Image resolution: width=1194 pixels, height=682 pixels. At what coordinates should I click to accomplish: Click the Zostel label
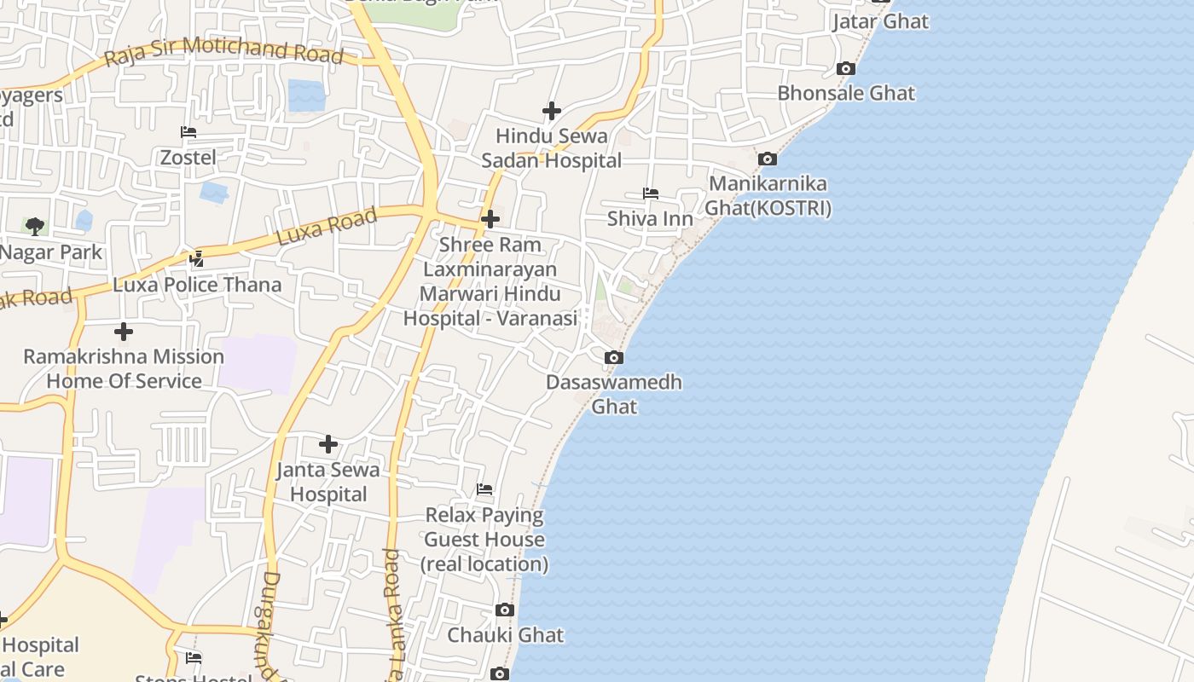[188, 158]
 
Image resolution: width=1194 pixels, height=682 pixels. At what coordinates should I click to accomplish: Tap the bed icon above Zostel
[188, 132]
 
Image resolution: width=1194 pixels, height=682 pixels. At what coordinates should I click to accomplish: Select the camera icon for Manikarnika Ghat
[768, 159]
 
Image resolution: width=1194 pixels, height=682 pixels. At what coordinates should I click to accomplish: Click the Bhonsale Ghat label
[846, 93]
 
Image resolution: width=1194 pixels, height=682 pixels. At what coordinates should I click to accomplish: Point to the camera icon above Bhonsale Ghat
[846, 68]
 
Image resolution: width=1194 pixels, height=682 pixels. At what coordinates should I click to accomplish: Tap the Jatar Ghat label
[880, 21]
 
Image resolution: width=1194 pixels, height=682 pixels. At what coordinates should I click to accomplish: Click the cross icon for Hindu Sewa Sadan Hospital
[552, 111]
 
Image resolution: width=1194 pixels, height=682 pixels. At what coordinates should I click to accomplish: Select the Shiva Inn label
[650, 218]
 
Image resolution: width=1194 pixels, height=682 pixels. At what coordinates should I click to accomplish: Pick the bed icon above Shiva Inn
[651, 194]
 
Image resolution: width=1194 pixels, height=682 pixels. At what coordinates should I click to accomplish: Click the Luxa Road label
[327, 228]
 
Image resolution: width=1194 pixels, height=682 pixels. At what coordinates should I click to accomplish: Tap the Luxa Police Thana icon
[197, 258]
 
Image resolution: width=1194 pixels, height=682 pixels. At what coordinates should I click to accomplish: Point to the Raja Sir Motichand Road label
[223, 52]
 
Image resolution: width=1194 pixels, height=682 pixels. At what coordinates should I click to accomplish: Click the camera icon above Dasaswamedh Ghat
[614, 357]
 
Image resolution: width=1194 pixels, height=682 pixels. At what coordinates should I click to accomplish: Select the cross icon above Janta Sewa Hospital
[328, 444]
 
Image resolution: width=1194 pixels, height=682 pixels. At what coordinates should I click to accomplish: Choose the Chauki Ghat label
[506, 635]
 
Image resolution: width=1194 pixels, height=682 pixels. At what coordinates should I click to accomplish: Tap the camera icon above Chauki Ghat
[505, 610]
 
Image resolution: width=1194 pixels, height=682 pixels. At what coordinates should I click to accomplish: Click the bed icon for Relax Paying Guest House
[484, 489]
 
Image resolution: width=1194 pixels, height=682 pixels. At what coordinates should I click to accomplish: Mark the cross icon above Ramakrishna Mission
[124, 332]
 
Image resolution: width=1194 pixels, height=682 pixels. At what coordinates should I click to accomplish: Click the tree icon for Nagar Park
[35, 226]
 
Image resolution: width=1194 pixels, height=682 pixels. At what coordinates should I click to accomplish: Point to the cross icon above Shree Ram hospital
[490, 219]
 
